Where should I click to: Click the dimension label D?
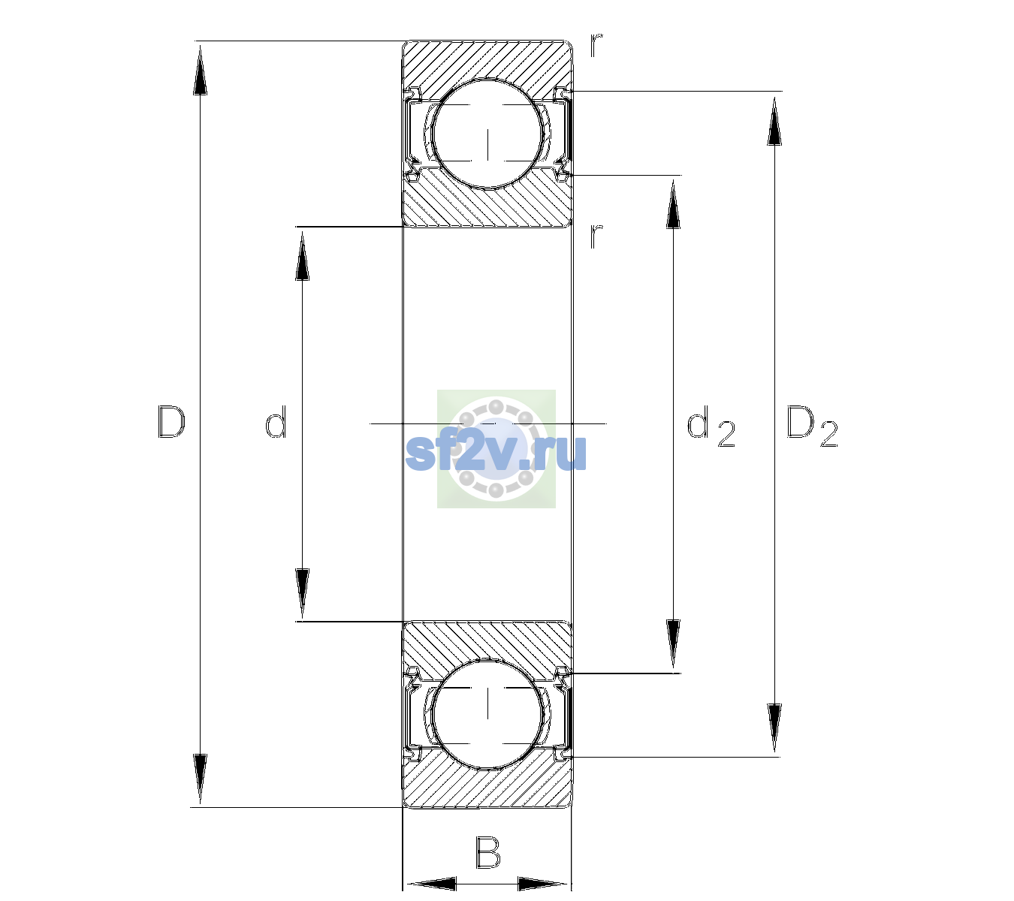pos(171,422)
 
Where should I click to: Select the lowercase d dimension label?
pos(276,422)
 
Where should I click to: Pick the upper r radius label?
pos(596,45)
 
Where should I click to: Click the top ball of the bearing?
pos(487,134)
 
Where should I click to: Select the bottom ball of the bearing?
pos(487,714)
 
